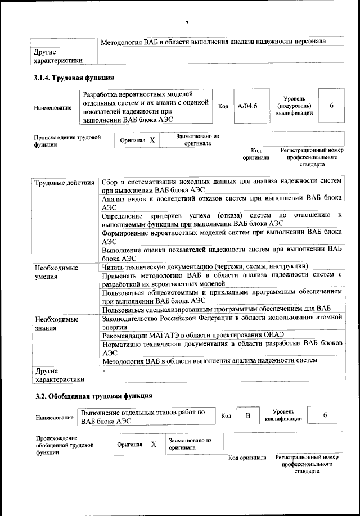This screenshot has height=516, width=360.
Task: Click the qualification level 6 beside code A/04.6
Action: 331,106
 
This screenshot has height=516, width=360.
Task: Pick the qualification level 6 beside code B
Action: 325,415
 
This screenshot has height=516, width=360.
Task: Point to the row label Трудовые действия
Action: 64,183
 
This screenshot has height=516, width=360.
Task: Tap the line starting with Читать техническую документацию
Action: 204,266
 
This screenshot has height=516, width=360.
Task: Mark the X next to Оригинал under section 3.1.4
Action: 152,139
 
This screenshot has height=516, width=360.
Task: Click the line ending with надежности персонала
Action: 213,42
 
